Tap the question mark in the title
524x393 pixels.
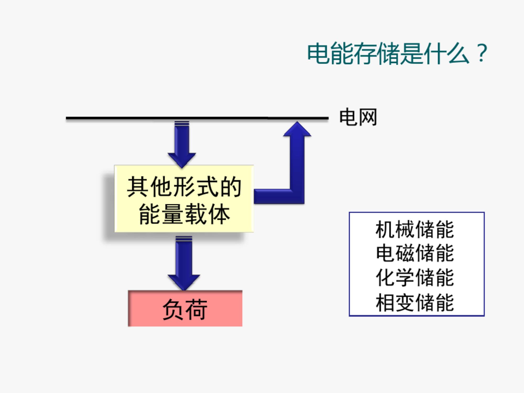click(x=482, y=53)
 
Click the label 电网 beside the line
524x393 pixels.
click(x=358, y=117)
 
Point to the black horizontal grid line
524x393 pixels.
click(x=197, y=118)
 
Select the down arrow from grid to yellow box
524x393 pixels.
click(x=182, y=144)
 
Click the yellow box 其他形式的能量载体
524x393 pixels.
click(x=184, y=199)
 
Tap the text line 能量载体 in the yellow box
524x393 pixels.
click(x=184, y=214)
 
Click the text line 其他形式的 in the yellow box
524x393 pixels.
click(x=184, y=187)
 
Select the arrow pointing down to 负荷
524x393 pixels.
click(x=184, y=263)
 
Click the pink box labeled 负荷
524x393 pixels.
click(x=185, y=308)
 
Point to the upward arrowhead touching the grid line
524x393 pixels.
click(x=297, y=129)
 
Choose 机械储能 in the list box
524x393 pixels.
click(x=414, y=230)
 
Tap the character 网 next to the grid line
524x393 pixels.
click(x=368, y=117)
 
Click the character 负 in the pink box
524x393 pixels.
click(x=173, y=309)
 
